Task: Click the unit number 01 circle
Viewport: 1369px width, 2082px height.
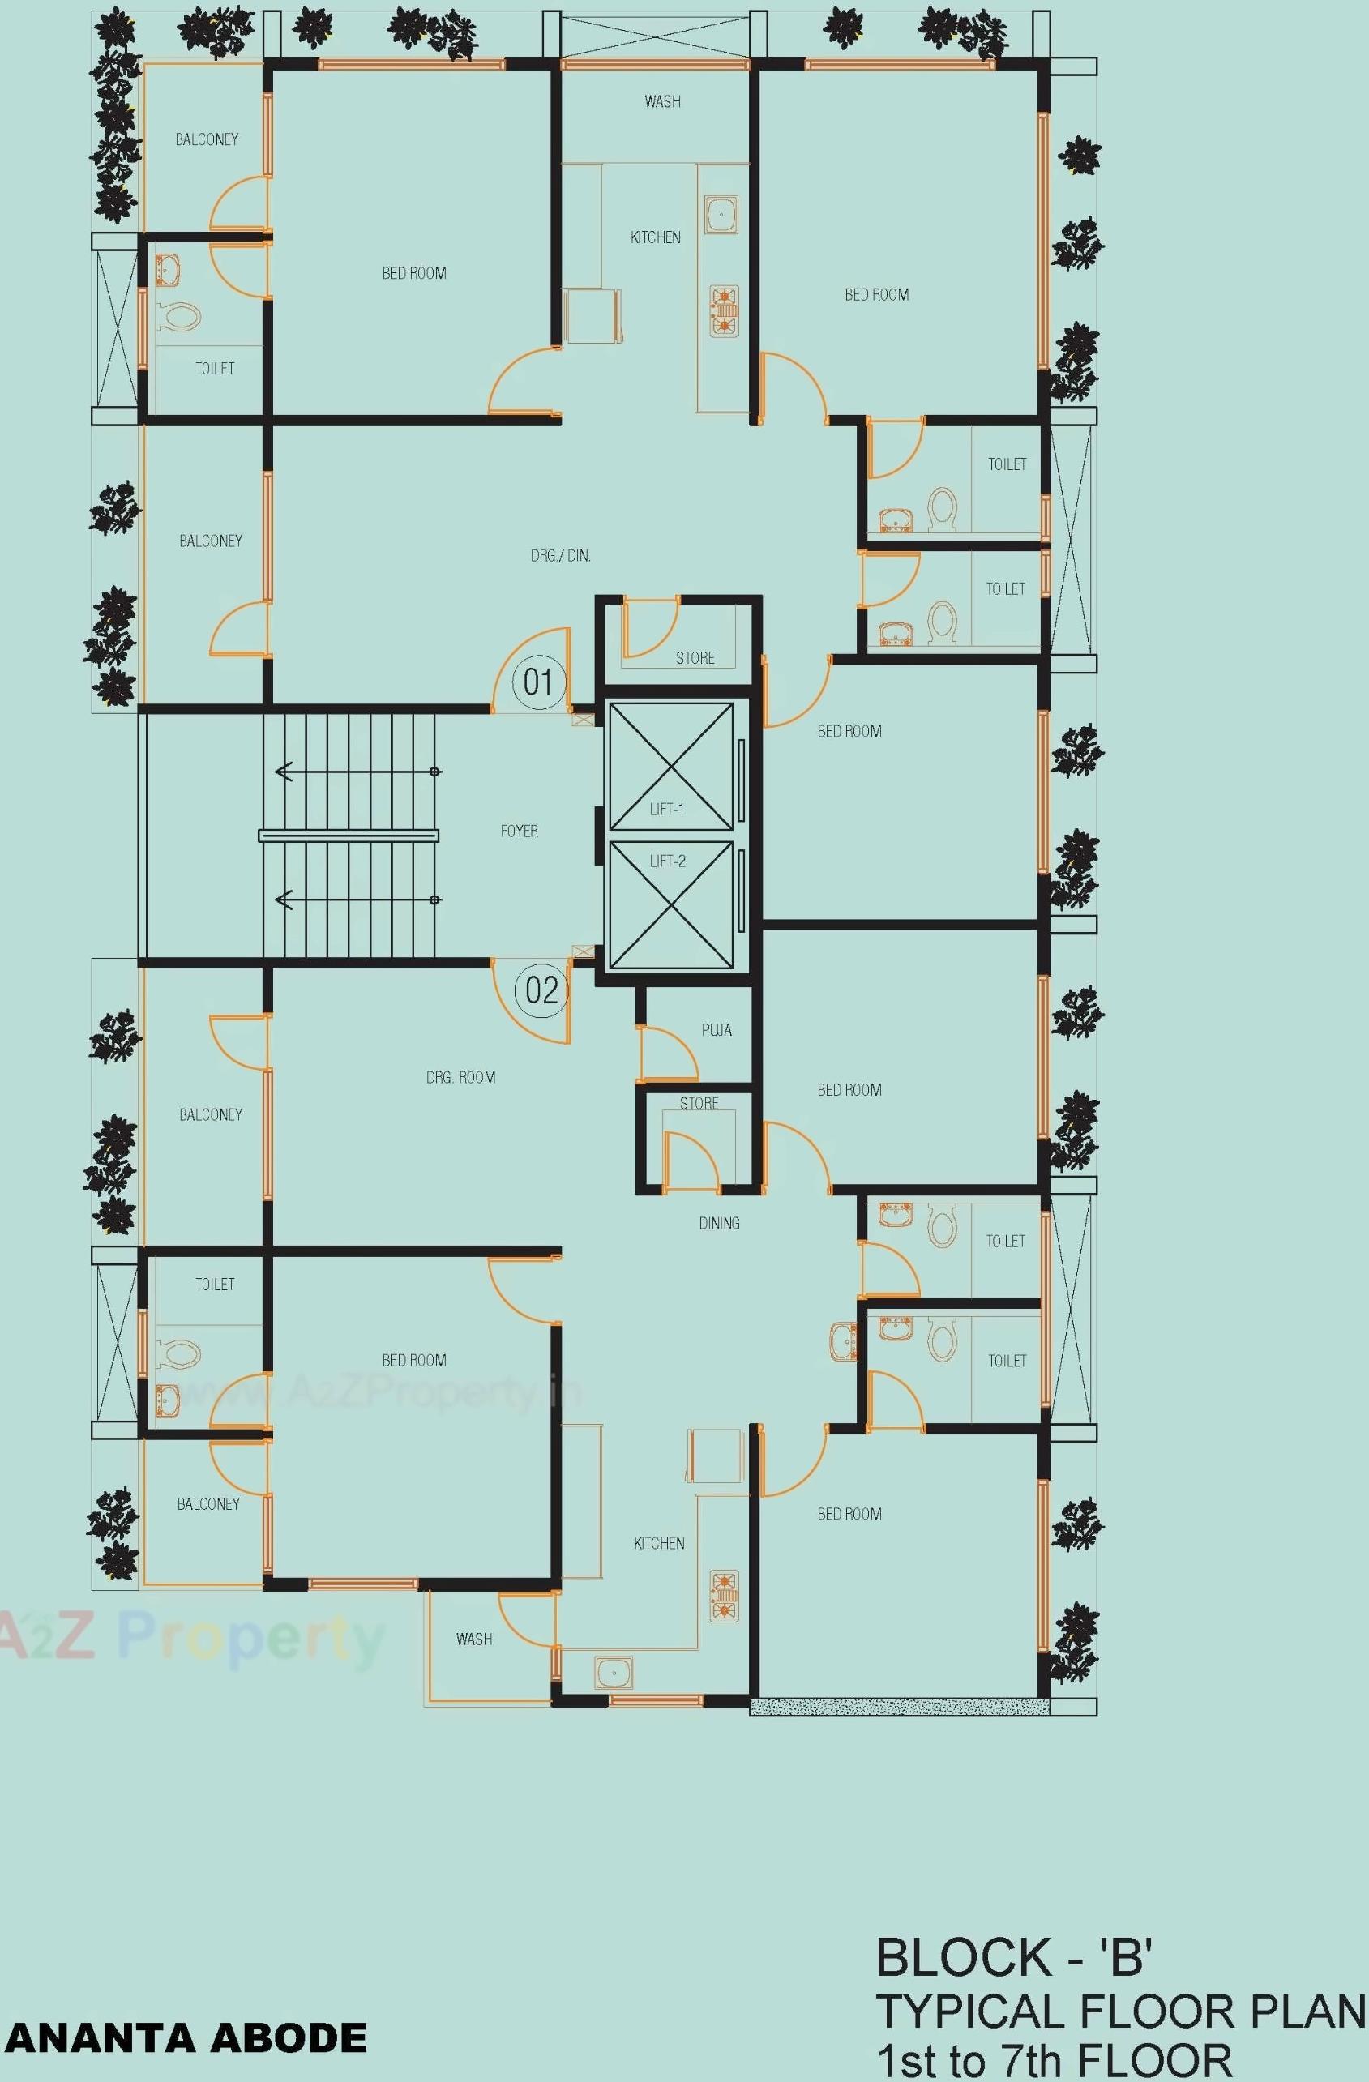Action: tap(538, 682)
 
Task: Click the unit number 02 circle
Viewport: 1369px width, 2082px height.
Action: tap(541, 990)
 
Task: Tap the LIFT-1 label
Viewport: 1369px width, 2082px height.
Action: tap(666, 809)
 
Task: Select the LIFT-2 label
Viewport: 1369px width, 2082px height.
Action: tap(667, 861)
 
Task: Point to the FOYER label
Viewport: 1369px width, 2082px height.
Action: tap(519, 831)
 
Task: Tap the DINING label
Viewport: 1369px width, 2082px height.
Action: tap(719, 1223)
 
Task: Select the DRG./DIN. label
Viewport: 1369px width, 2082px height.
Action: tap(561, 555)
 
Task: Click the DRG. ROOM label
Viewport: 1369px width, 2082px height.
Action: tap(461, 1078)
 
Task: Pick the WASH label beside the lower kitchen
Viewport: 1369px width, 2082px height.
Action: tap(474, 1639)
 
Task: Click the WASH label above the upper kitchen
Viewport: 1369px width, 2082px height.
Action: tap(662, 101)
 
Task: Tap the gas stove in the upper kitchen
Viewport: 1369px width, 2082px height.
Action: tap(724, 310)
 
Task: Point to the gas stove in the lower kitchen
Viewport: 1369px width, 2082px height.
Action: tap(724, 1597)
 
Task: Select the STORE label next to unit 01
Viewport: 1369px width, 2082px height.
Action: tap(695, 658)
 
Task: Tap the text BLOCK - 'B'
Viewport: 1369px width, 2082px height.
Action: tap(1014, 1958)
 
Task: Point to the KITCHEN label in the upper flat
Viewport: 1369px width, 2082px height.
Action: tap(655, 237)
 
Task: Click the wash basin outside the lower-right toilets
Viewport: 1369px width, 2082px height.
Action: tap(844, 1340)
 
